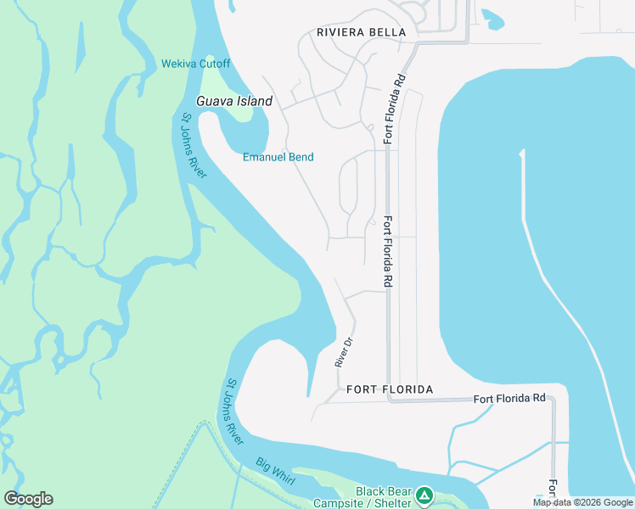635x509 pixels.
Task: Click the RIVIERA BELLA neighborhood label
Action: point(361,32)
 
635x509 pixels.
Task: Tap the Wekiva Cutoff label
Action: point(195,64)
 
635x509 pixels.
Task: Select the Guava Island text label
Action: point(234,101)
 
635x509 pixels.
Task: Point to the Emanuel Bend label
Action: point(278,157)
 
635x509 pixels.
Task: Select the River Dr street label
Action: point(343,351)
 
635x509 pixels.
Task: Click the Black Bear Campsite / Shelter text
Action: point(383,496)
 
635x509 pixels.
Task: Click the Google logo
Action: point(28,499)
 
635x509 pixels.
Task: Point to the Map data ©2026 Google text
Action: point(582,502)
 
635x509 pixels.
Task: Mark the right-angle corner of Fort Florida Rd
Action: point(389,400)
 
